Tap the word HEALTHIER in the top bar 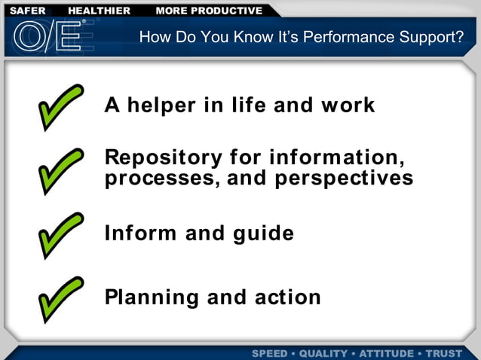99,11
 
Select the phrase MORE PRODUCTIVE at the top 209,11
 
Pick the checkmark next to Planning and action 60,298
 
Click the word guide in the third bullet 263,233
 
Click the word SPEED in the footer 269,353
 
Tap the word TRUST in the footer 444,353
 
